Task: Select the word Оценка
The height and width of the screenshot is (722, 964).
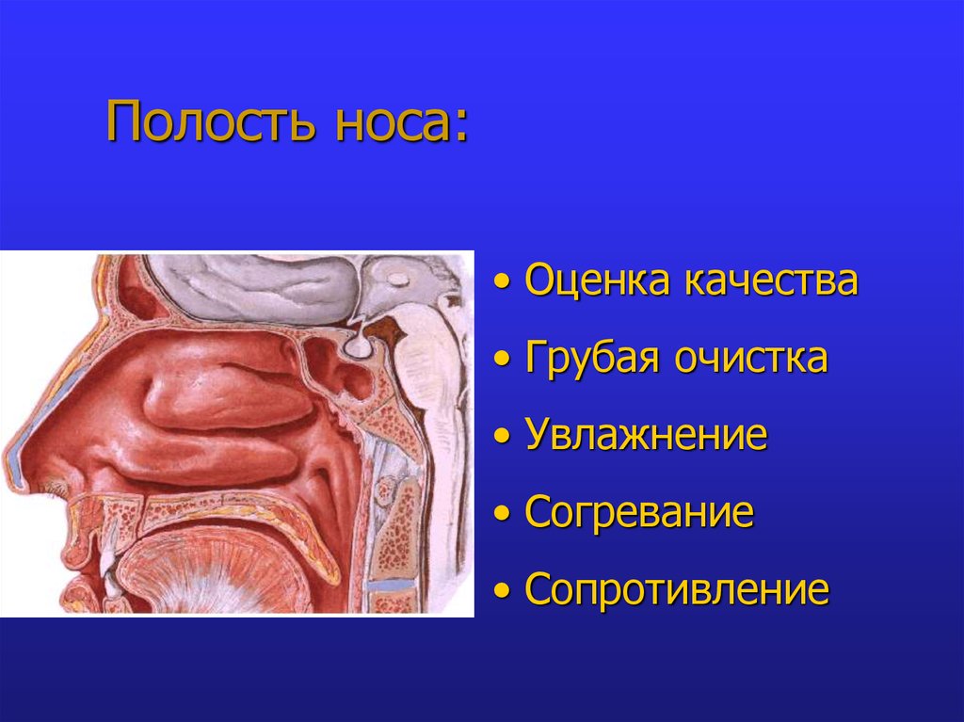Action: click(x=597, y=281)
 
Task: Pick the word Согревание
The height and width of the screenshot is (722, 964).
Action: click(x=639, y=513)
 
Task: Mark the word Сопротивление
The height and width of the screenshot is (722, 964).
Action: click(x=677, y=590)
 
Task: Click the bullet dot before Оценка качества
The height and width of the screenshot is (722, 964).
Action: click(x=507, y=282)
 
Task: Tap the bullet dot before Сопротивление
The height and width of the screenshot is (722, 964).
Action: click(x=507, y=592)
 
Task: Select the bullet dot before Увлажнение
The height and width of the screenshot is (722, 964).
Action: click(x=507, y=438)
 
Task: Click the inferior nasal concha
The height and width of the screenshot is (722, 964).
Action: click(x=202, y=461)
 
